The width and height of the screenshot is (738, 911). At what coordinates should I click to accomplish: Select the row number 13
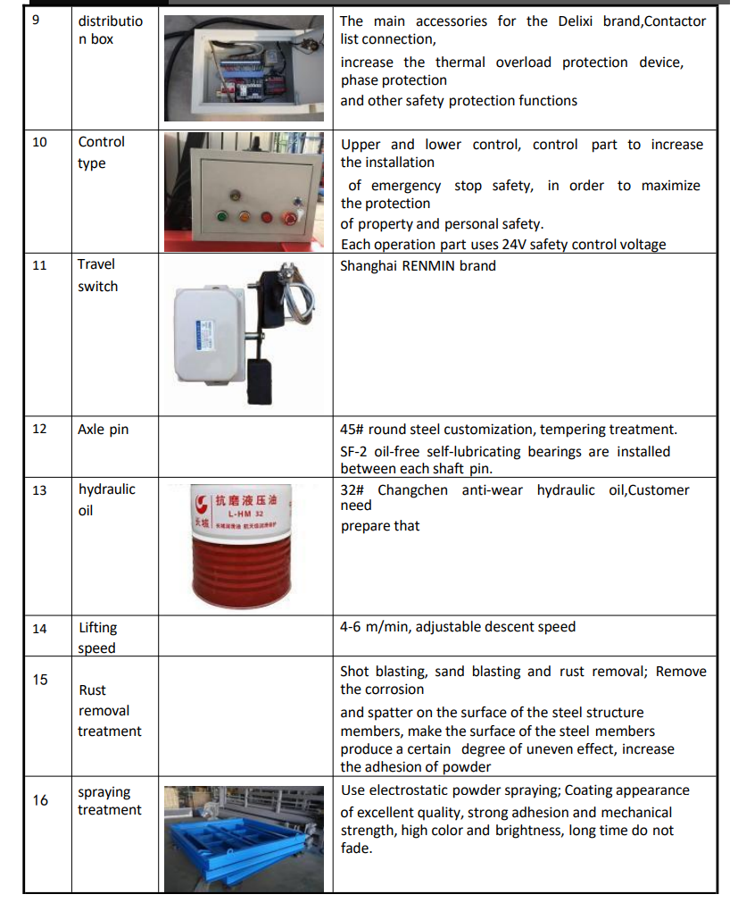39,489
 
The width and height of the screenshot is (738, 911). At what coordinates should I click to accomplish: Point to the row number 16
40,800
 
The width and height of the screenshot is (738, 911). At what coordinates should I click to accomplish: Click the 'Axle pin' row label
103,430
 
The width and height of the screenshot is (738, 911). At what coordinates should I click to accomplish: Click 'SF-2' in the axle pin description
354,452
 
